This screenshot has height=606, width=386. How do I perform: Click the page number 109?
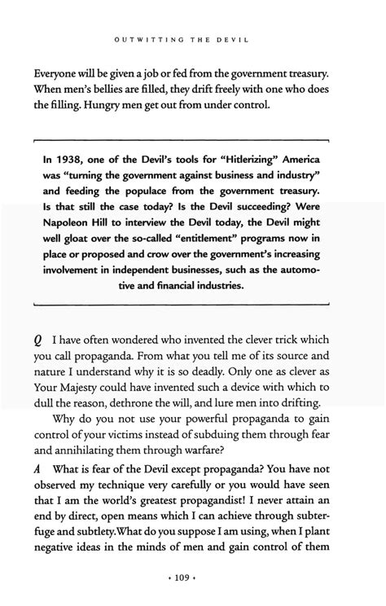click(193, 580)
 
